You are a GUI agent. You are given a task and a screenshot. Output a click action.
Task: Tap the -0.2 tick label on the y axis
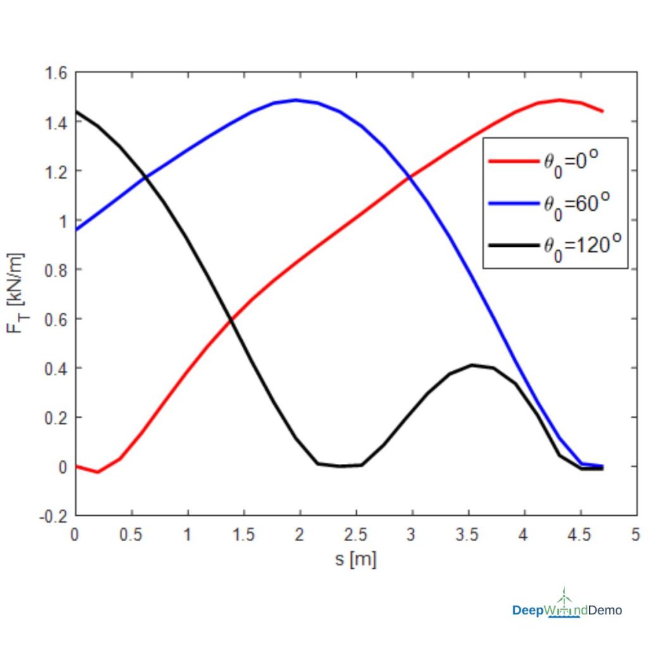coord(56,516)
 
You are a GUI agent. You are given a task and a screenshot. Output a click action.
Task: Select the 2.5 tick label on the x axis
coord(355,535)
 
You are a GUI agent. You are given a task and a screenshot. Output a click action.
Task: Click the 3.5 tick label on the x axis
coord(467,535)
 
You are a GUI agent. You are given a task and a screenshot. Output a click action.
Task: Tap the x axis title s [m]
coord(355,559)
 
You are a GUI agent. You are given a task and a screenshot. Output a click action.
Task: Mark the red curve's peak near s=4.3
coord(559,100)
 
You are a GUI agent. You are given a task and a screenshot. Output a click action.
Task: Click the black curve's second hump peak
coord(471,365)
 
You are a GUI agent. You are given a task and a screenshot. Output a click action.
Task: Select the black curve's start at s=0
coord(77,111)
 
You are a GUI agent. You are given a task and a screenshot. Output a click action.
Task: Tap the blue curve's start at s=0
coord(77,229)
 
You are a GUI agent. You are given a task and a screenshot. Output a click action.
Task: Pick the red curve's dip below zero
coord(97,471)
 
